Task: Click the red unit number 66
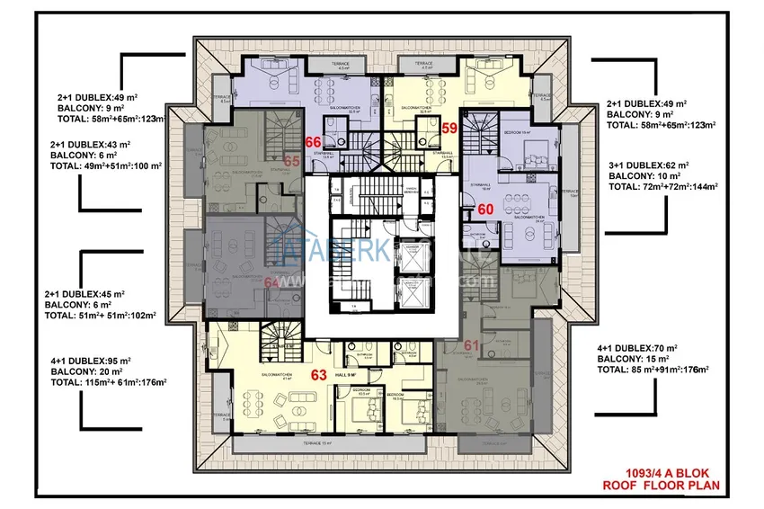point(314,141)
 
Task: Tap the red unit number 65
point(291,160)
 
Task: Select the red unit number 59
point(451,128)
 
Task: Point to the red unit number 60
point(485,208)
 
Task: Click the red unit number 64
point(273,281)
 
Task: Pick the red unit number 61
point(473,345)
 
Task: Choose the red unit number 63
point(317,375)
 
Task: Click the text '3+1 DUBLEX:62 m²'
point(647,165)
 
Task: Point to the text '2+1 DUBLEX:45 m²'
point(84,294)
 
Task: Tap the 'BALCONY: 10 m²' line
point(644,176)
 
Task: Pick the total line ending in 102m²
point(100,316)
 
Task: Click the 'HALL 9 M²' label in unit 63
point(346,374)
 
